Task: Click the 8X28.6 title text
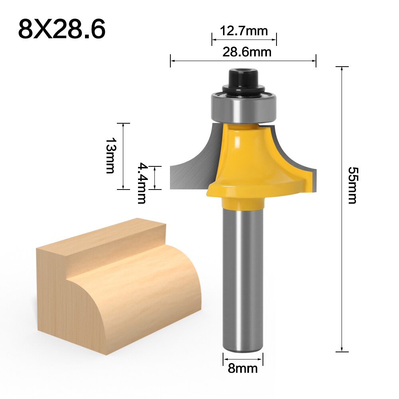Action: pyautogui.click(x=62, y=29)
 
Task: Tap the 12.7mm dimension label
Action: pyautogui.click(x=244, y=31)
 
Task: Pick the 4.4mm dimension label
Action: pyautogui.click(x=142, y=183)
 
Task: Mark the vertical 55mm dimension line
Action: pyautogui.click(x=342, y=207)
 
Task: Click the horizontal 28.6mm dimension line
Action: pyautogui.click(x=243, y=61)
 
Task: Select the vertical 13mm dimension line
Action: pyautogui.click(x=123, y=156)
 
